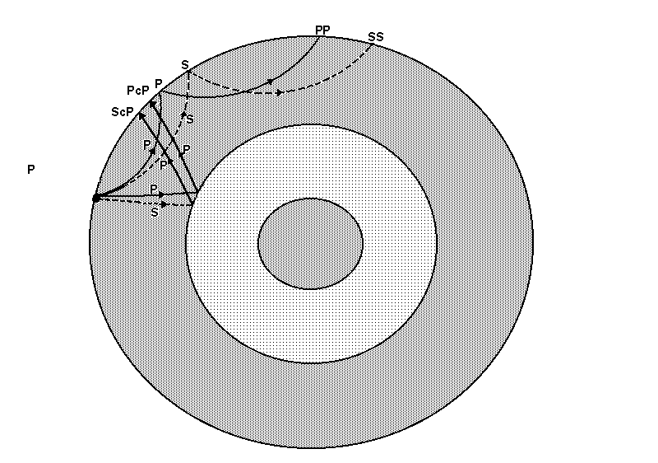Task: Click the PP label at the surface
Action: click(322, 30)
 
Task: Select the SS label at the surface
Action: click(376, 37)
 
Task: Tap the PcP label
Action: click(137, 89)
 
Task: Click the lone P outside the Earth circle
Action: click(30, 170)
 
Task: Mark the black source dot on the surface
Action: click(96, 198)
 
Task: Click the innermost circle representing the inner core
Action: click(310, 243)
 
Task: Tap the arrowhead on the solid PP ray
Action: click(270, 82)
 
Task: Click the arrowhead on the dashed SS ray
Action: click(280, 92)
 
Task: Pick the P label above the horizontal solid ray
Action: click(153, 189)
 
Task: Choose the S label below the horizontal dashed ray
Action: click(154, 212)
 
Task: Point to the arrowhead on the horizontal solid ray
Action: click(162, 195)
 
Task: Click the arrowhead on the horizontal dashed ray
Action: click(164, 203)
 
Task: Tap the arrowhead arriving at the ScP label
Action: click(141, 116)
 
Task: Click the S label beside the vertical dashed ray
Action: click(190, 120)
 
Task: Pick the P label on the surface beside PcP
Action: click(158, 84)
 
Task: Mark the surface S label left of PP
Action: click(185, 64)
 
